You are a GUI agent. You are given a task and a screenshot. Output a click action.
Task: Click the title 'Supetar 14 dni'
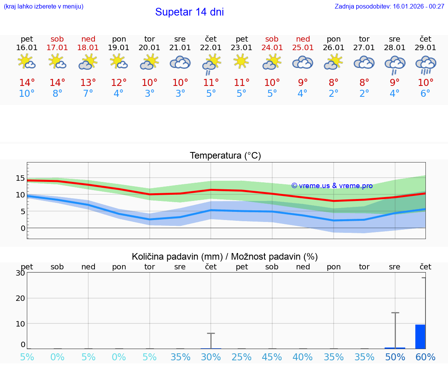(x=189, y=12)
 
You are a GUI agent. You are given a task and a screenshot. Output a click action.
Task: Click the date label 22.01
(x=211, y=48)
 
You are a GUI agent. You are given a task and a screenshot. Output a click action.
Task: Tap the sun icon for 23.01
(x=241, y=61)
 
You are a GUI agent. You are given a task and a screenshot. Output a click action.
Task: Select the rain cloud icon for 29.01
(x=425, y=64)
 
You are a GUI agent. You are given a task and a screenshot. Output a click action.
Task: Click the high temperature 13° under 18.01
(x=88, y=83)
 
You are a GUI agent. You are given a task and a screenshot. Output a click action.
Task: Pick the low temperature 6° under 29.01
(x=425, y=94)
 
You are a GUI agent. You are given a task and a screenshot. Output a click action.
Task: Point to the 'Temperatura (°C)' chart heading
(x=225, y=156)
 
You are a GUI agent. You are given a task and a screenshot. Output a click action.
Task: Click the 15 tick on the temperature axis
(x=20, y=178)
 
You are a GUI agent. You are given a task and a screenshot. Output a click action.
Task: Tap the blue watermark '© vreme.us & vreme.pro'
(x=332, y=186)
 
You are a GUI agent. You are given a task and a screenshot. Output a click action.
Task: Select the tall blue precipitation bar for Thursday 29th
(x=420, y=337)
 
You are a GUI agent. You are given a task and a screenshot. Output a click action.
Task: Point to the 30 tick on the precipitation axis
(x=20, y=273)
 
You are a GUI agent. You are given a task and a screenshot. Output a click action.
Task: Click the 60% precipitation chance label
(x=425, y=357)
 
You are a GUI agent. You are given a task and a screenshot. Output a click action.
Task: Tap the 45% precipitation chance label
(x=272, y=357)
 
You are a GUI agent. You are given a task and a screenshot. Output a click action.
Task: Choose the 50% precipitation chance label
(x=395, y=357)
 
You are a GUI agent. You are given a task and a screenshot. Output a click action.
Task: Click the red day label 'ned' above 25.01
(x=303, y=39)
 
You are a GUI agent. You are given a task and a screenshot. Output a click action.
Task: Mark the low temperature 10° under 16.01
(x=27, y=94)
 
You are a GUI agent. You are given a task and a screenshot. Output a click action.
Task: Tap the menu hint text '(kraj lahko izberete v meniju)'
(x=44, y=7)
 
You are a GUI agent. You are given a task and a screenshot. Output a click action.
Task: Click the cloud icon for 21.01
(x=180, y=63)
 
